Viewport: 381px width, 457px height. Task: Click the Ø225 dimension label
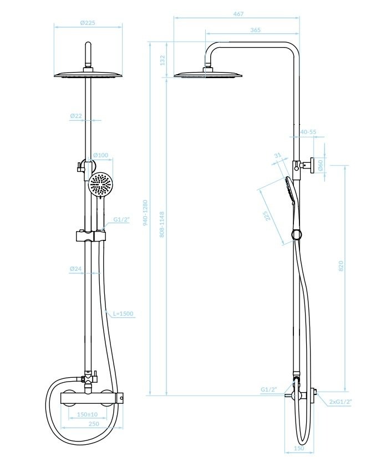pos(88,23)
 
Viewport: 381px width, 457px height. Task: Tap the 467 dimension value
pos(238,14)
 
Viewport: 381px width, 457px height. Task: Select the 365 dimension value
pos(255,30)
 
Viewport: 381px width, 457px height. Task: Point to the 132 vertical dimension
pos(162,60)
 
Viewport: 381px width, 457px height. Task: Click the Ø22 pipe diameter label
pos(76,116)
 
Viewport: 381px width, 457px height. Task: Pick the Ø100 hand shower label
pos(100,155)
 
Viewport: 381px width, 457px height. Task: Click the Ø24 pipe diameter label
pos(76,269)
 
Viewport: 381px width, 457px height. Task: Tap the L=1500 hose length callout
pos(123,314)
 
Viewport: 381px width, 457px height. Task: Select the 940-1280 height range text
pos(145,213)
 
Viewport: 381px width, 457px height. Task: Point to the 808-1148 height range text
pos(162,224)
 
